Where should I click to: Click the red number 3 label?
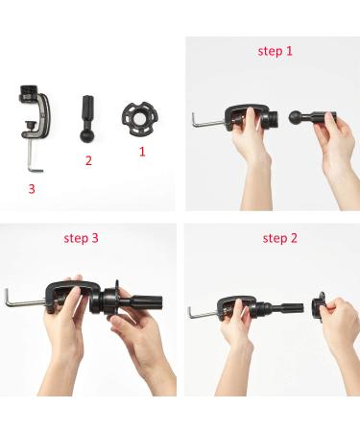pos(32,189)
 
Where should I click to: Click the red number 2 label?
pos(88,160)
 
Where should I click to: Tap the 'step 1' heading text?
pos(276,50)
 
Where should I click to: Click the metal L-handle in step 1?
pos(206,121)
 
